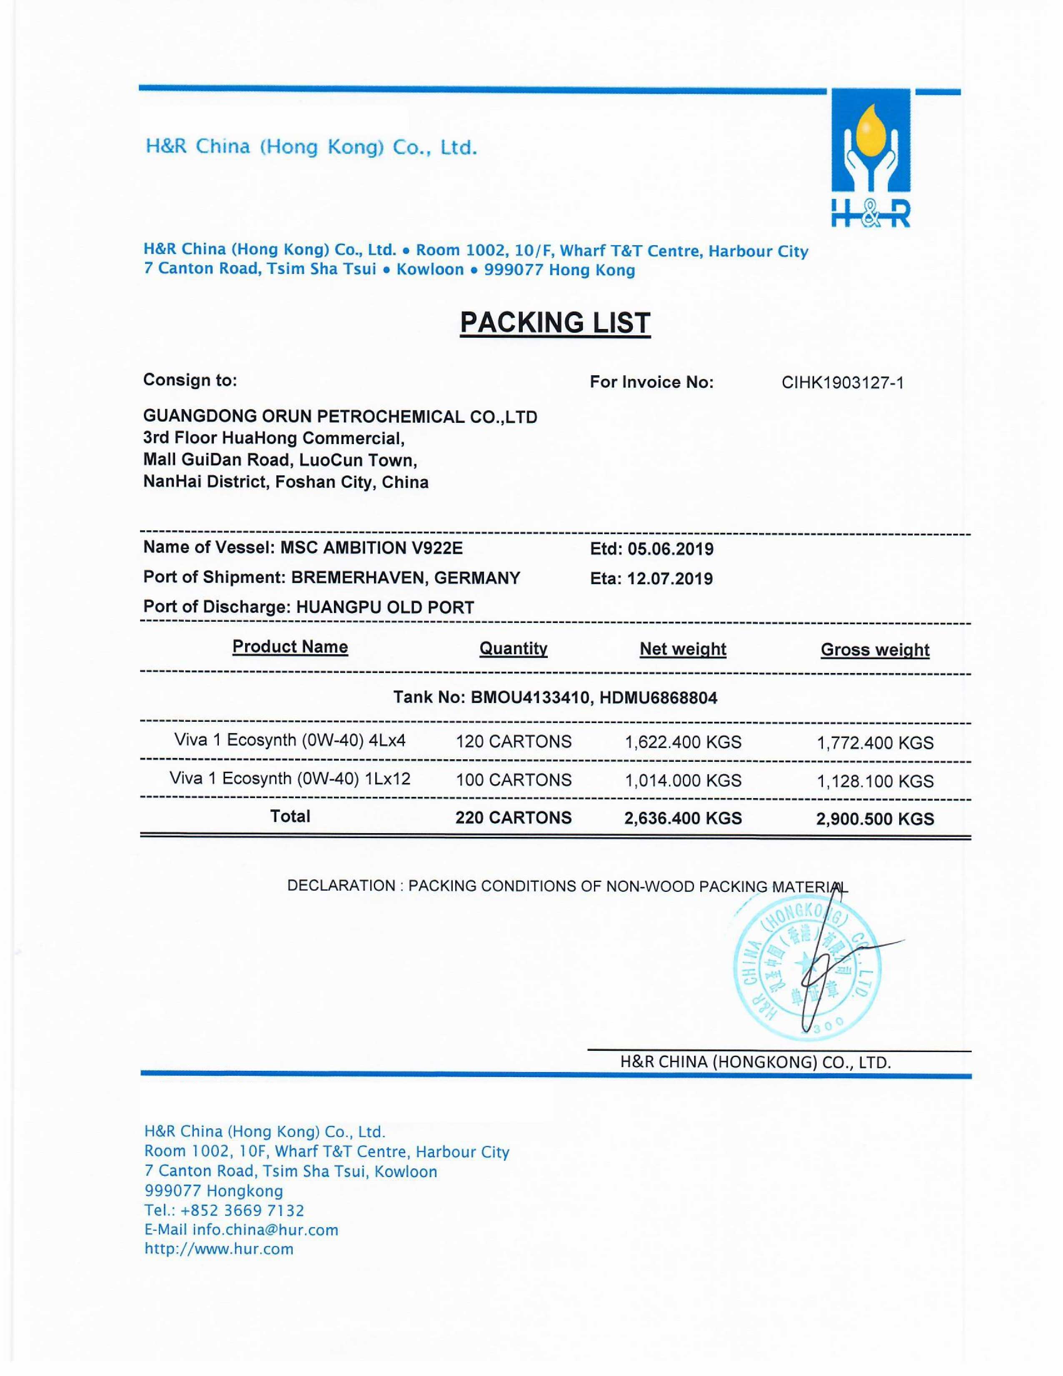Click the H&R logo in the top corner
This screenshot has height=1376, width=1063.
coord(870,158)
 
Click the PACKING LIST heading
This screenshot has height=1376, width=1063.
coord(555,323)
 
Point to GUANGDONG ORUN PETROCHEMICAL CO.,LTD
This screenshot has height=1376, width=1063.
coord(340,417)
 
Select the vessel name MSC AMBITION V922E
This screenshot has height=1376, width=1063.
coord(371,547)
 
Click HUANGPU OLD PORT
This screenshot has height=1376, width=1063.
coord(385,608)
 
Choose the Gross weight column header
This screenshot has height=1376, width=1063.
coord(875,650)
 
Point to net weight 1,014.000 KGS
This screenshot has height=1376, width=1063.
coord(683,781)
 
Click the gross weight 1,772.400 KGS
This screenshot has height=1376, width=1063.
coord(875,743)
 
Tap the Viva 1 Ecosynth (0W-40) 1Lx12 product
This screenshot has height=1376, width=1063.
coord(290,779)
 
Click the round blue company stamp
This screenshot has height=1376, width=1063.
coord(808,972)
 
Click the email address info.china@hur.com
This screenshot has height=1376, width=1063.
coord(265,1230)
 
